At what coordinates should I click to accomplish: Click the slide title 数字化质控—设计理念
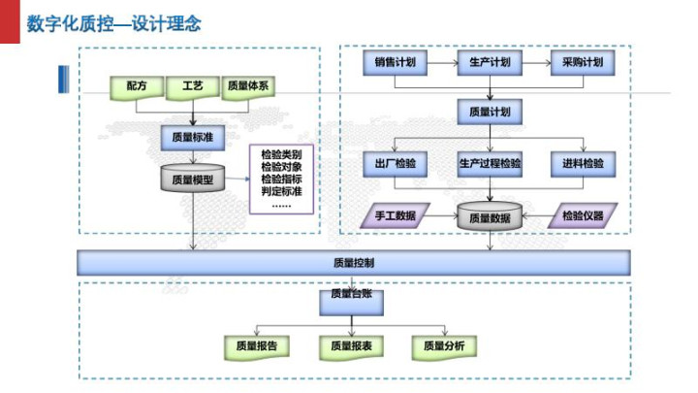pyautogui.click(x=115, y=22)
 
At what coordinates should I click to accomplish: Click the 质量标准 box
pyautogui.click(x=193, y=139)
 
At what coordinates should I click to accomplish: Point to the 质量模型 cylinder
pyautogui.click(x=193, y=180)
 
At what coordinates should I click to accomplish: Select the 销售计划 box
pyautogui.click(x=397, y=64)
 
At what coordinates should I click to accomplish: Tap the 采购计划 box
pyautogui.click(x=582, y=64)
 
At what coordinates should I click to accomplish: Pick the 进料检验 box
pyautogui.click(x=582, y=163)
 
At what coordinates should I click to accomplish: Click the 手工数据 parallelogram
pyautogui.click(x=395, y=216)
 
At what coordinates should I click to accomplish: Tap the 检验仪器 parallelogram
pyautogui.click(x=583, y=216)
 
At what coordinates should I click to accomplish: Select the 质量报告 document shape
pyautogui.click(x=256, y=345)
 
